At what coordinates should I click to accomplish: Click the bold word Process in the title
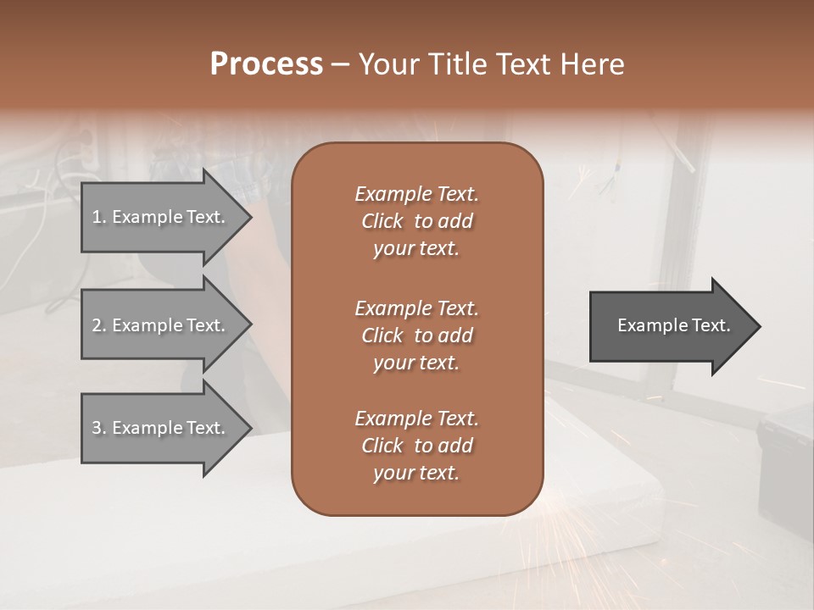tap(266, 64)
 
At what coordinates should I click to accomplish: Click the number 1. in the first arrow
tap(98, 217)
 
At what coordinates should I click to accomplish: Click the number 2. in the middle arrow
tap(98, 325)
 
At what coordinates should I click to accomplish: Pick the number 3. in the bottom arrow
tap(98, 428)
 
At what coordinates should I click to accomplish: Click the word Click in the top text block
tap(382, 221)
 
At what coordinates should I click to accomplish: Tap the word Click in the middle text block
tap(382, 335)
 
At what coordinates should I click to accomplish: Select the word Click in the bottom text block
tap(382, 446)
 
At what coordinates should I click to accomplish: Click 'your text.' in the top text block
tap(416, 249)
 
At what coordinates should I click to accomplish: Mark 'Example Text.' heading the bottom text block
tap(416, 419)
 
